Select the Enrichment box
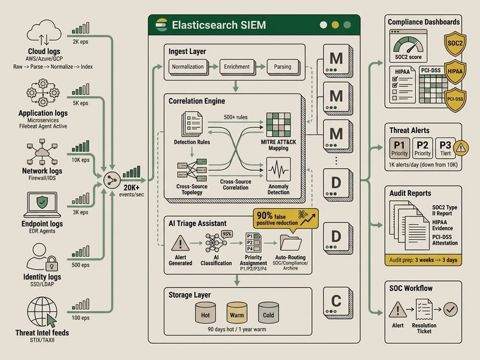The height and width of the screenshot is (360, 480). [x=236, y=66]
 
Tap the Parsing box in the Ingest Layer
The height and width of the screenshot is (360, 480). [x=283, y=66]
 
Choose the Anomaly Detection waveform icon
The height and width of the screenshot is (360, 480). [x=278, y=169]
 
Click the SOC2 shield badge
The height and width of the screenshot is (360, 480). [x=453, y=44]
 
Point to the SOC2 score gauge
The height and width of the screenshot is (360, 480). [x=407, y=45]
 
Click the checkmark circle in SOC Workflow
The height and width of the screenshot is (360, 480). [x=450, y=310]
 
